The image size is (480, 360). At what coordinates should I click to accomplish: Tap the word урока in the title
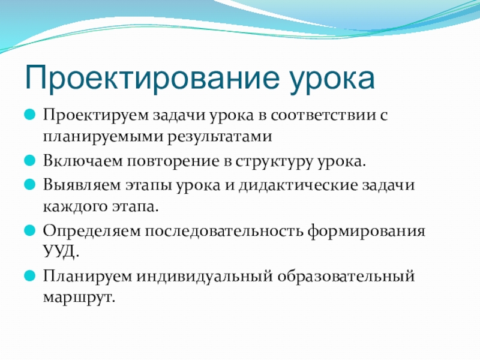pos(332,81)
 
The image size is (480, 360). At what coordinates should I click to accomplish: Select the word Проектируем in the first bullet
pos(96,116)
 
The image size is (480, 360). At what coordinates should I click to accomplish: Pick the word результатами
pos(220,137)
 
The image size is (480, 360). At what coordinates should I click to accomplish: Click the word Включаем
pos(83,161)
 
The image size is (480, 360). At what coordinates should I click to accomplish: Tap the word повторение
pos(173,161)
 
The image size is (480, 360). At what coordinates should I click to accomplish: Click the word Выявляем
pos(82,185)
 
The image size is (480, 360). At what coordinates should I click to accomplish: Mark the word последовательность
pos(224,231)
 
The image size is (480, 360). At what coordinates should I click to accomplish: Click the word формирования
pos(367,231)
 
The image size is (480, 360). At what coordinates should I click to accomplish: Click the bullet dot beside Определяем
pos(29,230)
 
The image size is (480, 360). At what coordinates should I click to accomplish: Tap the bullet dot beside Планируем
pos(29,275)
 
